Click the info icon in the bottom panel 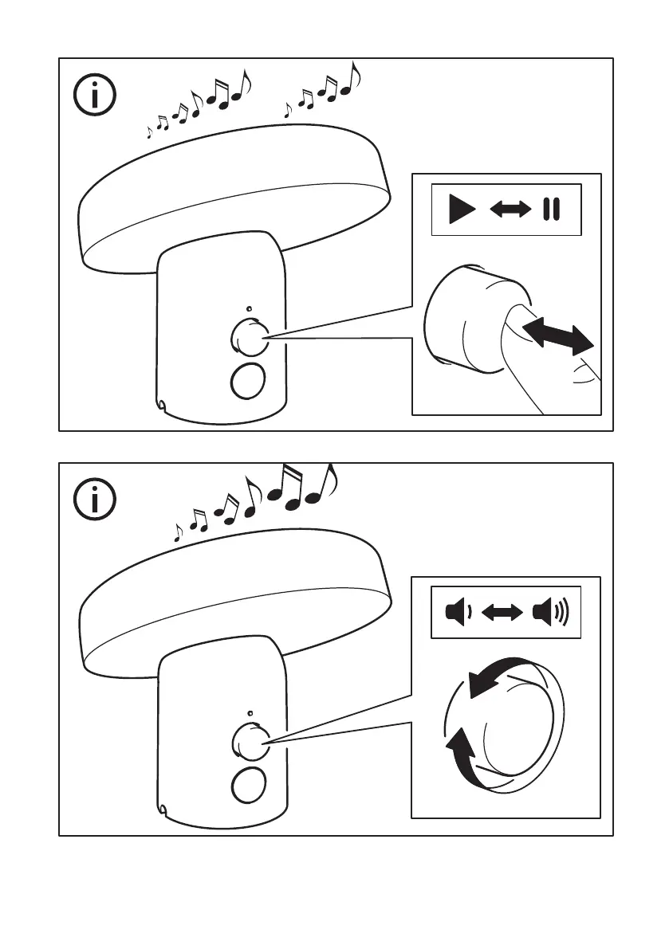pyautogui.click(x=95, y=500)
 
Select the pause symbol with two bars pyautogui.click(x=551, y=210)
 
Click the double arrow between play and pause pyautogui.click(x=510, y=210)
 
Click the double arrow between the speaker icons pyautogui.click(x=503, y=613)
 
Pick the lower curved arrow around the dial pyautogui.click(x=462, y=752)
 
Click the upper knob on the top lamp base pyautogui.click(x=249, y=337)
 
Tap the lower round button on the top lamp pyautogui.click(x=248, y=381)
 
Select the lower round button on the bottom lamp pyautogui.click(x=248, y=786)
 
